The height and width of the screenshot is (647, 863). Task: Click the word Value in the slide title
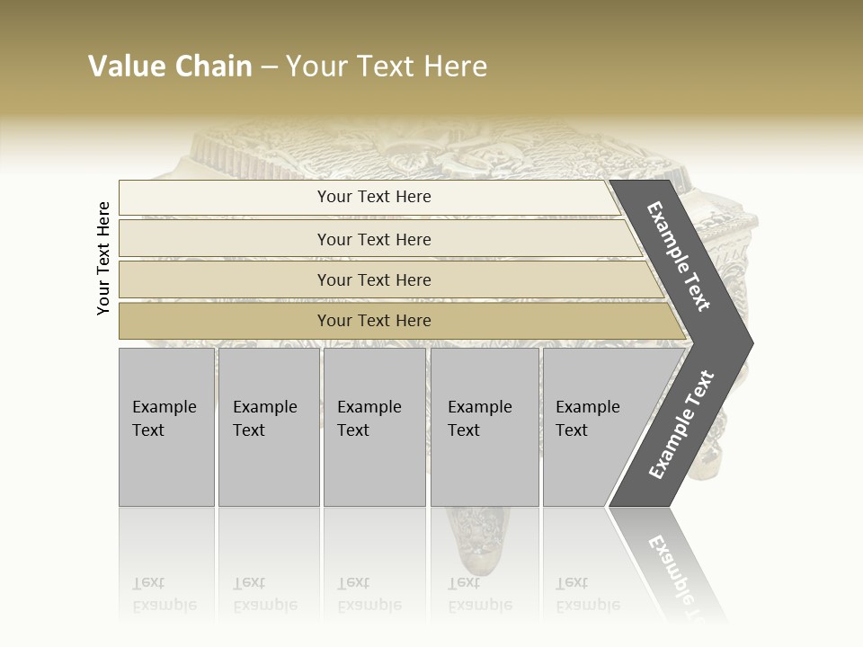(126, 66)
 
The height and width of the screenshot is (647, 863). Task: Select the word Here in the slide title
(453, 66)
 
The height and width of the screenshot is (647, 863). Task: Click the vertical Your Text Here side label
(103, 259)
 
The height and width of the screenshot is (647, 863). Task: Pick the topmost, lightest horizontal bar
(373, 197)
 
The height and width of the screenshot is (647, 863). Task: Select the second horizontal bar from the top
(373, 239)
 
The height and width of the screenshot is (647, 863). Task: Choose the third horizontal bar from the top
(373, 279)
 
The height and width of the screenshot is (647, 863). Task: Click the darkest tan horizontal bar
(373, 321)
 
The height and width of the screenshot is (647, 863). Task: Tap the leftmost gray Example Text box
(166, 427)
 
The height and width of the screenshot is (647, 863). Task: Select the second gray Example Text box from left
(268, 427)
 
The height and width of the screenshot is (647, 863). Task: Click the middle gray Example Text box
(374, 427)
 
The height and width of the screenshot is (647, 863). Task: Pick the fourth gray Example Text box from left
(484, 427)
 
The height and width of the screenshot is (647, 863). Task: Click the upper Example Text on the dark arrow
(679, 256)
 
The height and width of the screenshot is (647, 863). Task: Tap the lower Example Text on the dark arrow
(681, 425)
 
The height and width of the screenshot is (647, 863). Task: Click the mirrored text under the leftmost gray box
(164, 594)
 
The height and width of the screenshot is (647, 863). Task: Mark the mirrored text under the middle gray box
(369, 594)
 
